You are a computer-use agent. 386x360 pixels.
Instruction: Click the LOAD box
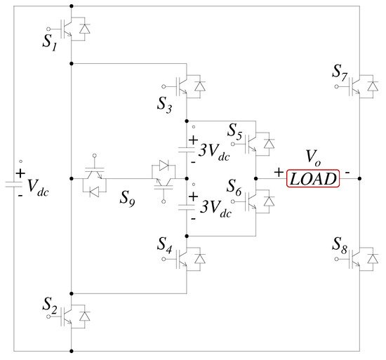313,178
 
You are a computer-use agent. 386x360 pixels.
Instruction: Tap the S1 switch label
50,42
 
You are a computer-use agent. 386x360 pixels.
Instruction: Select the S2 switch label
50,305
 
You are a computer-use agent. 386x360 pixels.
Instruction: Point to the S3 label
164,105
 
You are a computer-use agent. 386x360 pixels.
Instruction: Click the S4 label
164,245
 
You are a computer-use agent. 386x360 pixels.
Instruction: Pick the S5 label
234,132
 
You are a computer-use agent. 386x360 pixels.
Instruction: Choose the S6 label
234,187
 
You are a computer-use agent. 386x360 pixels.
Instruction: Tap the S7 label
340,72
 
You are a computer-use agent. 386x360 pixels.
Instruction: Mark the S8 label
340,246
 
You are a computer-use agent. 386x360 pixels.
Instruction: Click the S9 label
127,199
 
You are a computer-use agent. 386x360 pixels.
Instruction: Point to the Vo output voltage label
313,158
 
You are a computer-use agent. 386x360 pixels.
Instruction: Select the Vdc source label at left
38,187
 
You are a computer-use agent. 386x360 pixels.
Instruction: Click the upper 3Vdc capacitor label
214,152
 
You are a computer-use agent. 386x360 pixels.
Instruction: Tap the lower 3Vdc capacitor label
215,208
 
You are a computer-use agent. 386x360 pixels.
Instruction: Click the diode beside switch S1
84,29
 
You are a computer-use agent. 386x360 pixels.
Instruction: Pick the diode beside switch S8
373,259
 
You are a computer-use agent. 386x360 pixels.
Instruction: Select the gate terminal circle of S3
164,86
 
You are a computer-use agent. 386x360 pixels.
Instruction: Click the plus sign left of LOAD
279,172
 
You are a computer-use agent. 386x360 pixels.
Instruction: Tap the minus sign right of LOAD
347,173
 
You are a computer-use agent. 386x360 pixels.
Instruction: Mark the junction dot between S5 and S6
255,178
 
